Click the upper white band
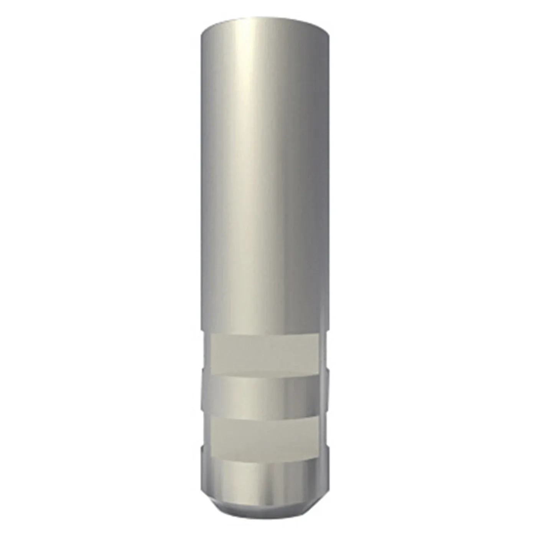pyautogui.click(x=265, y=354)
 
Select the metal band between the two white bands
pyautogui.click(x=265, y=396)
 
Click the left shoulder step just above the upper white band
pyautogui.click(x=203, y=331)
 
